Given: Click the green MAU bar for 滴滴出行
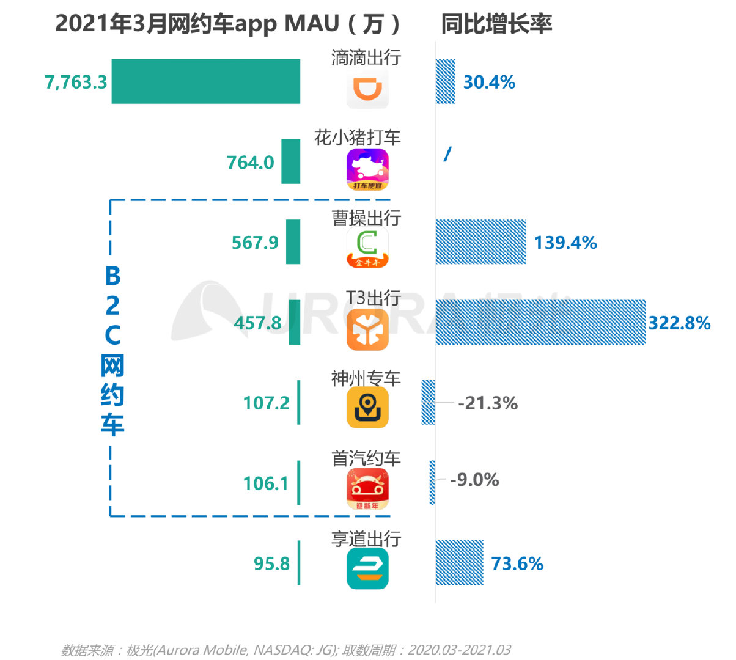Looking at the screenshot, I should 205,81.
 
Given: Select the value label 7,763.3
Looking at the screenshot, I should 76,82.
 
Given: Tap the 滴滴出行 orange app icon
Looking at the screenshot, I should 367,89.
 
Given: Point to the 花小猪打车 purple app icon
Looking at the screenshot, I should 367,169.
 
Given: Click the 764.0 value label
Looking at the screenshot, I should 250,163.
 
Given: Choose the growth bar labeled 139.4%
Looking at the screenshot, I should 480,242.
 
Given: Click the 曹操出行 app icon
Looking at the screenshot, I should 367,248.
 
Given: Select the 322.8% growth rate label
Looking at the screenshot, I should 679,323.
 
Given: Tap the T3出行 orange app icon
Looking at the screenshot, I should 367,329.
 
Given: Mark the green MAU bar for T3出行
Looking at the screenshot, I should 295,322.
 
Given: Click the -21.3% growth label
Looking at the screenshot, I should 488,403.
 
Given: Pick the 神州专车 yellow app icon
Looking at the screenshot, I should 367,408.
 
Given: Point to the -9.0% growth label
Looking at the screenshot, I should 474,480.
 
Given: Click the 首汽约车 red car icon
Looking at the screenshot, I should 367,489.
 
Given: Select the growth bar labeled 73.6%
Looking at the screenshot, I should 459,563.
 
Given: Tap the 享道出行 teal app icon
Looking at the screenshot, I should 367,568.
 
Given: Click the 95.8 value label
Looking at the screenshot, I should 271,563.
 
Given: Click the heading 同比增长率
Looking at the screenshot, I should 496,24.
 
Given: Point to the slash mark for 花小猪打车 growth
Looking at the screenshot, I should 447,154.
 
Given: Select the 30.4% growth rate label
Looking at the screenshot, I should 488,82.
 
